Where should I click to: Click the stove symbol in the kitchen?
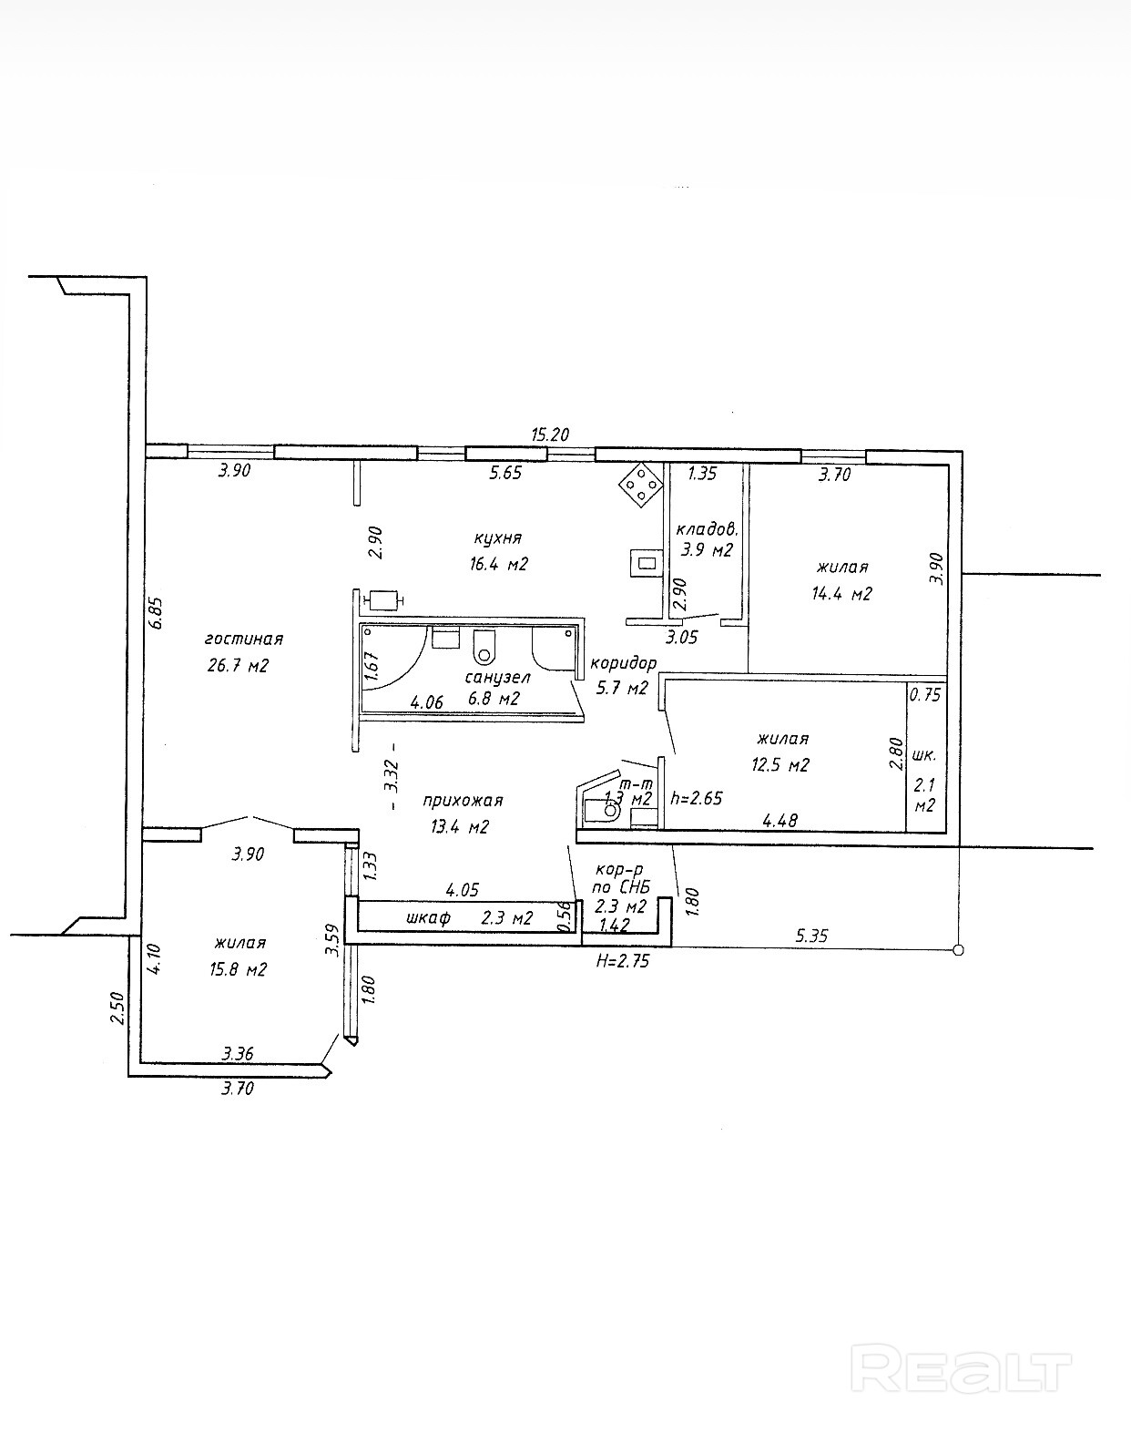pyautogui.click(x=641, y=485)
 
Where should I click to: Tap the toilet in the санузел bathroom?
pyautogui.click(x=484, y=648)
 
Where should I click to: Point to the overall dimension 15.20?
pyautogui.click(x=550, y=435)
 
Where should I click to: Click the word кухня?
pyautogui.click(x=497, y=537)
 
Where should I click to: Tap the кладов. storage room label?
pyautogui.click(x=706, y=529)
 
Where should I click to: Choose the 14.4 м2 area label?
pyautogui.click(x=841, y=594)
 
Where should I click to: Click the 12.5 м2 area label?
pyautogui.click(x=780, y=764)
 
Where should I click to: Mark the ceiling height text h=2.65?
pyautogui.click(x=696, y=798)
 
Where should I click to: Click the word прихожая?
pyautogui.click(x=463, y=801)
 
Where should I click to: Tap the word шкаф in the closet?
pyautogui.click(x=428, y=917)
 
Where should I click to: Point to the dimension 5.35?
pyautogui.click(x=811, y=935)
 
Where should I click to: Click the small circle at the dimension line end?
pyautogui.click(x=957, y=950)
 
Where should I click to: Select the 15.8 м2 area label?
pyautogui.click(x=238, y=969)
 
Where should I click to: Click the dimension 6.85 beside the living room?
pyautogui.click(x=157, y=612)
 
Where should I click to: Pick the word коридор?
pyautogui.click(x=623, y=663)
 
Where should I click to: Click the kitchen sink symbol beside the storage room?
pyautogui.click(x=646, y=563)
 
